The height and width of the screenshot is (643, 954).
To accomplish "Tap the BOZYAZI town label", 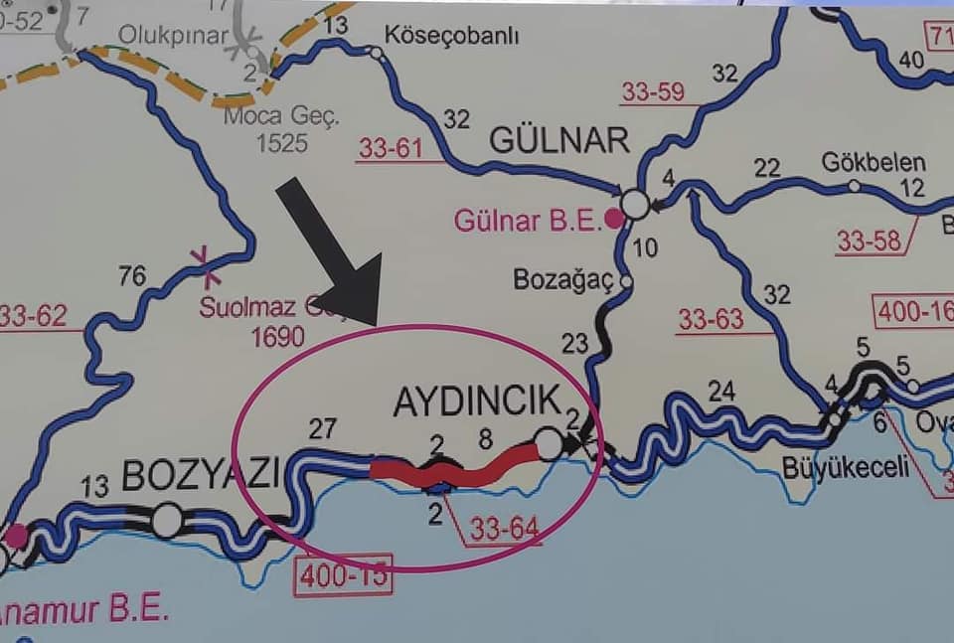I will pyautogui.click(x=201, y=475).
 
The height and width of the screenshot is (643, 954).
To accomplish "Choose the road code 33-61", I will pyautogui.click(x=391, y=148).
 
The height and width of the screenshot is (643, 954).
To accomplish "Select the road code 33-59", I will pyautogui.click(x=653, y=92).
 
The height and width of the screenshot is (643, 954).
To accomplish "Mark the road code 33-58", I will pyautogui.click(x=869, y=241).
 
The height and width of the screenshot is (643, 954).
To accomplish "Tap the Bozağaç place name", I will pyautogui.click(x=563, y=280).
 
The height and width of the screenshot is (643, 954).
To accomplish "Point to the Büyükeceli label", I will pyautogui.click(x=846, y=467).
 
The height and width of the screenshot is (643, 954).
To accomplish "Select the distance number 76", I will pyautogui.click(x=132, y=275).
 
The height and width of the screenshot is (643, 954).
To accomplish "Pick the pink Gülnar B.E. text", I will pyautogui.click(x=528, y=220).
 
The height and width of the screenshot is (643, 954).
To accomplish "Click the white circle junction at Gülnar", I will pyautogui.click(x=635, y=205).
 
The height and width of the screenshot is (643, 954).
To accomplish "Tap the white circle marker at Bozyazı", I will pyautogui.click(x=167, y=520).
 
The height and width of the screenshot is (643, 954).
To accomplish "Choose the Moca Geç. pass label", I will pyautogui.click(x=282, y=115).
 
